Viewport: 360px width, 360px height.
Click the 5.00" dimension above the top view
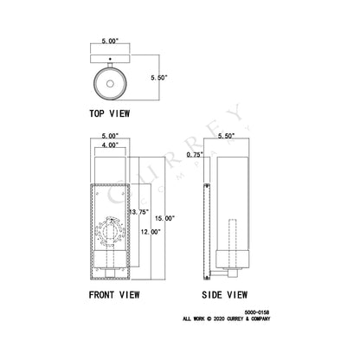[110, 41]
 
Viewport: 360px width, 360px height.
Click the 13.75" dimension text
[138, 211]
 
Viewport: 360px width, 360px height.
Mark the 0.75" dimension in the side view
[194, 154]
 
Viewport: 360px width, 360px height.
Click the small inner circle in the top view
[110, 85]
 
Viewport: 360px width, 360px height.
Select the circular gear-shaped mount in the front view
[109, 231]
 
